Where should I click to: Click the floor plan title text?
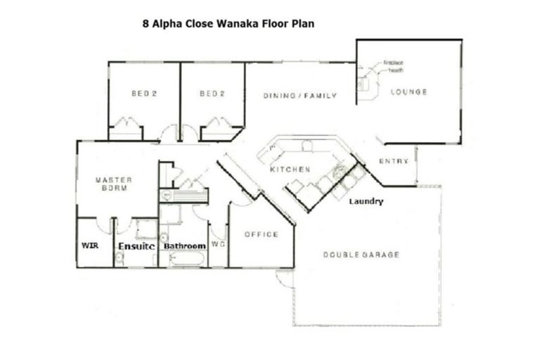pos(229,23)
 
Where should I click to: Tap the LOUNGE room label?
pos(409,92)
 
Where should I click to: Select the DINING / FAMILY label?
pos(300,96)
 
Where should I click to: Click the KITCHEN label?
pos(290,170)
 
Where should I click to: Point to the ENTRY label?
pos(394,162)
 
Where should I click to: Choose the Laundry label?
pos(366,202)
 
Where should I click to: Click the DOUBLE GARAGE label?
pos(361,255)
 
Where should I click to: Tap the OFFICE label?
pos(261,234)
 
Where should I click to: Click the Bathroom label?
pos(184,246)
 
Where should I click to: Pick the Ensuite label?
pos(136,246)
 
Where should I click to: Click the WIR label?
pos(91,246)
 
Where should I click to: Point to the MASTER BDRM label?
pos(113,184)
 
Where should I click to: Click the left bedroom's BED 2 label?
pos(143,94)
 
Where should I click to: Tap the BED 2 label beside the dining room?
pos(212,94)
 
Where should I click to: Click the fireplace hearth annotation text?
pos(393,65)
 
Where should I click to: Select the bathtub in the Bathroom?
pos(186,259)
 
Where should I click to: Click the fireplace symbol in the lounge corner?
pos(363,84)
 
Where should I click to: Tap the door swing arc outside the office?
pos(285,279)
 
